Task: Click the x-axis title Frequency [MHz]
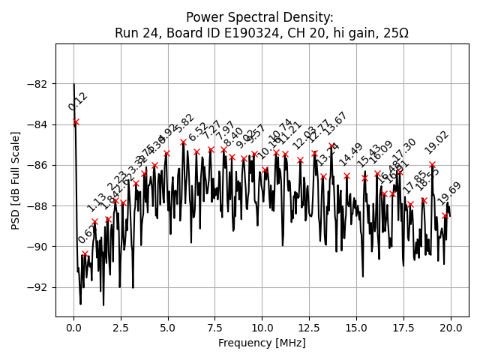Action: [262, 343]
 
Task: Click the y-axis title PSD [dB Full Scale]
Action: [16, 180]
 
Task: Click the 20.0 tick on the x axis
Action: [451, 328]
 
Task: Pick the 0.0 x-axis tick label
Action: [73, 328]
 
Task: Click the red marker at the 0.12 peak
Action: [76, 121]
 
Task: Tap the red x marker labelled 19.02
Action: [432, 164]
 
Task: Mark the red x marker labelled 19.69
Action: [445, 216]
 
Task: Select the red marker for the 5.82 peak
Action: [183, 142]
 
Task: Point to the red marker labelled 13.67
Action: [331, 146]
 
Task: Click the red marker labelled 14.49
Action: [346, 175]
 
